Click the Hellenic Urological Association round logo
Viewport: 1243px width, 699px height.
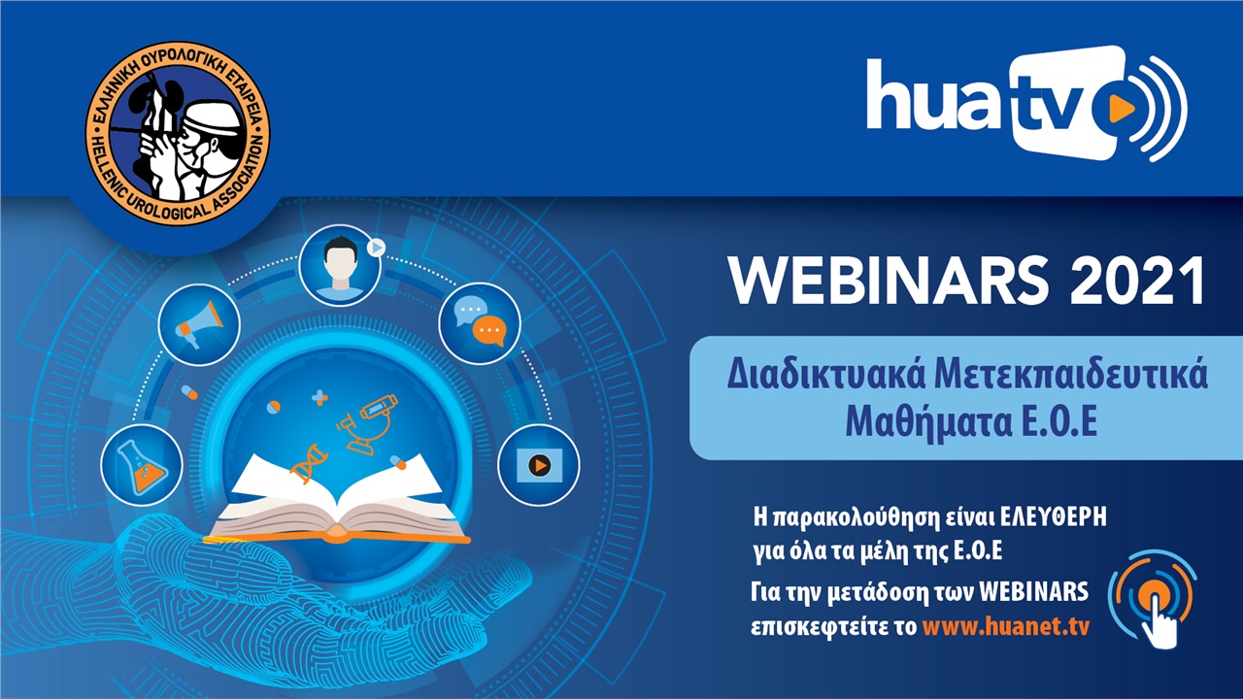point(178,134)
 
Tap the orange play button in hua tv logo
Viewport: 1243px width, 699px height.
point(1121,109)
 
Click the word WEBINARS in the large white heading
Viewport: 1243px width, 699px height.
point(889,281)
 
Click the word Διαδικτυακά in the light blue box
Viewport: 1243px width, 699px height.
point(826,376)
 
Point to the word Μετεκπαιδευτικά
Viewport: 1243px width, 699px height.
point(1071,376)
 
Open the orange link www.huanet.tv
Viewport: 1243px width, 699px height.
point(1005,626)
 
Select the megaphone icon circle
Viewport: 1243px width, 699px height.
point(199,324)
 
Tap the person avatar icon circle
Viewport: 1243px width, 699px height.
point(340,265)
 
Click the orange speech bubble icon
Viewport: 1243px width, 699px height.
point(489,331)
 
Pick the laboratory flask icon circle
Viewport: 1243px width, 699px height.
point(142,465)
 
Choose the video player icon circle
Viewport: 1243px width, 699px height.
point(538,465)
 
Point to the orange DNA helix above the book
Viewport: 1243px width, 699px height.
point(310,464)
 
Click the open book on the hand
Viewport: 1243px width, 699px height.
point(337,498)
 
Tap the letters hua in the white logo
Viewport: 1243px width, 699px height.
point(937,94)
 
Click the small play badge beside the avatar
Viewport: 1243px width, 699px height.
point(376,248)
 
